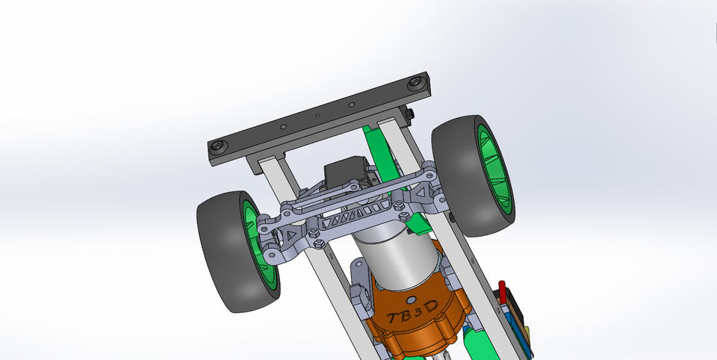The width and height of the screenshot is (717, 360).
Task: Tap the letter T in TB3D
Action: coord(393,318)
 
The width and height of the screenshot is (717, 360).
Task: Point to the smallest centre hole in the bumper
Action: coord(317,117)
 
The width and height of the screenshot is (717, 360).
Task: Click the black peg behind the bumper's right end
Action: coord(412,114)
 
